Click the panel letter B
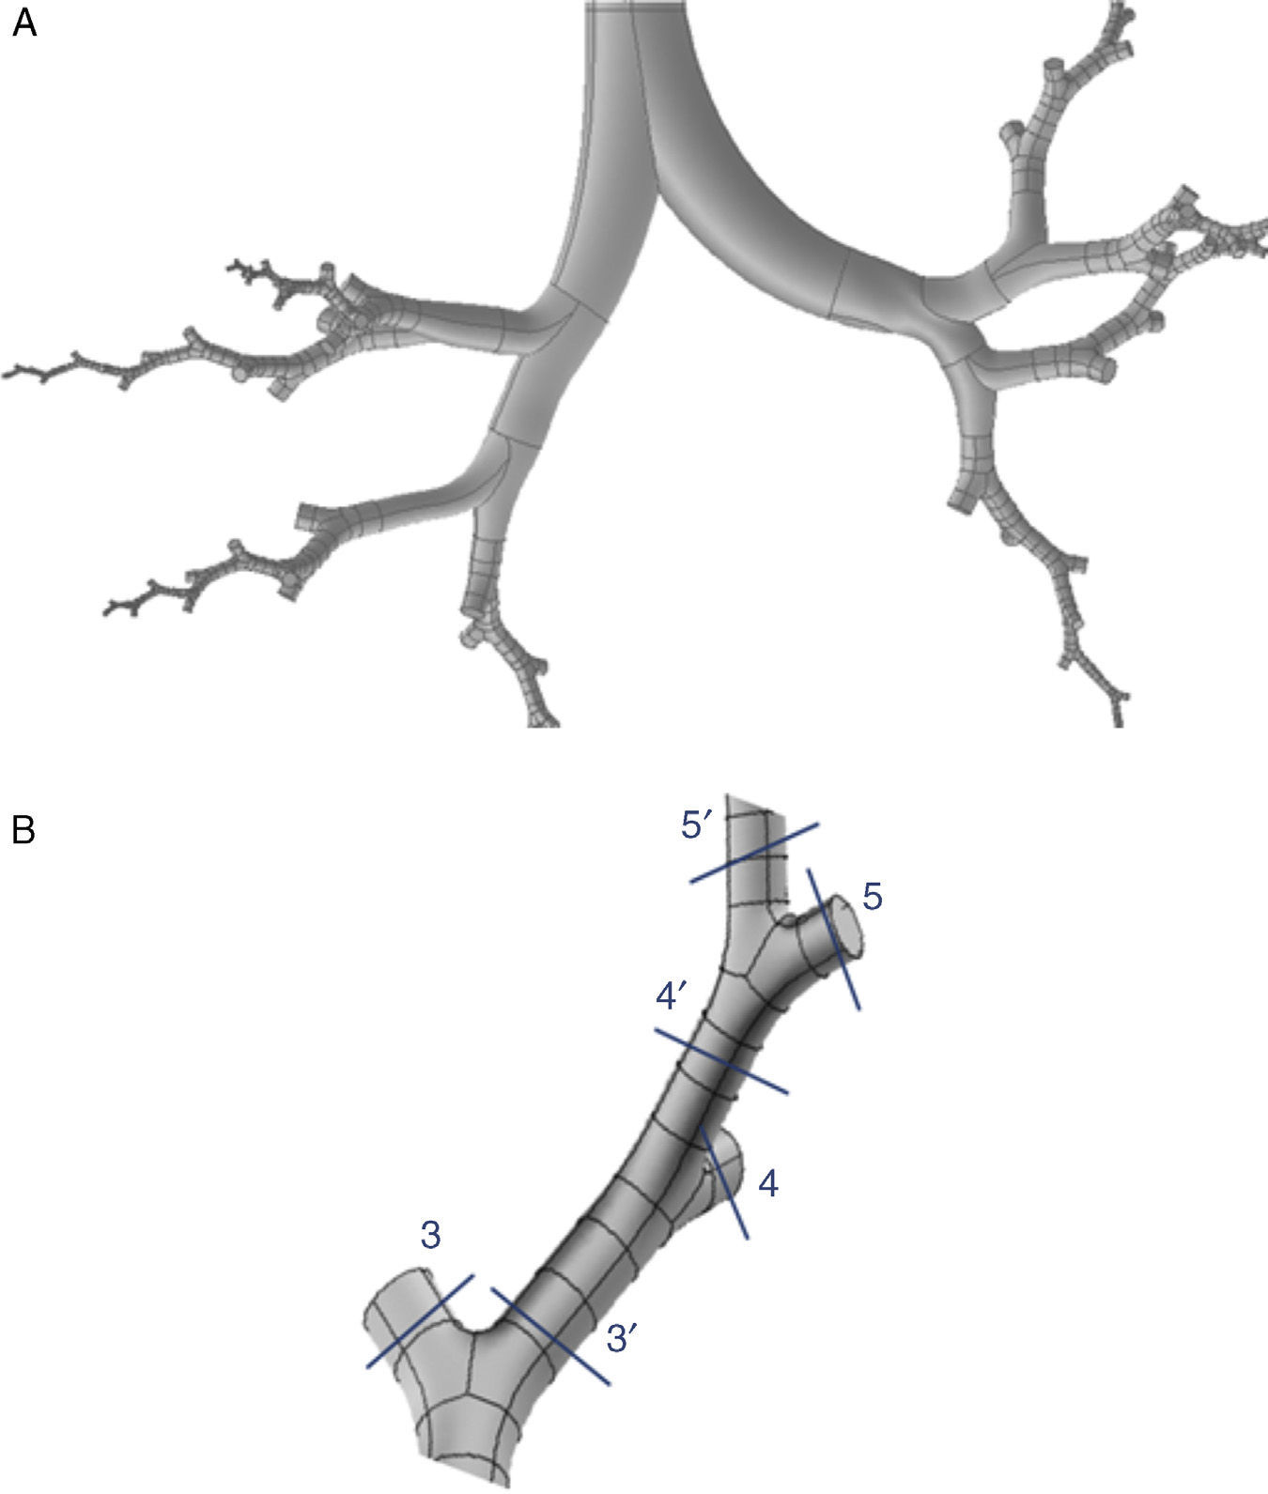click(23, 830)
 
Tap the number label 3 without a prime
click(431, 1237)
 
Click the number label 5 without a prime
click(872, 897)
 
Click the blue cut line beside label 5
click(833, 939)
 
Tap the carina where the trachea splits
click(657, 193)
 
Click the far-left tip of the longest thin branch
click(8, 373)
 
